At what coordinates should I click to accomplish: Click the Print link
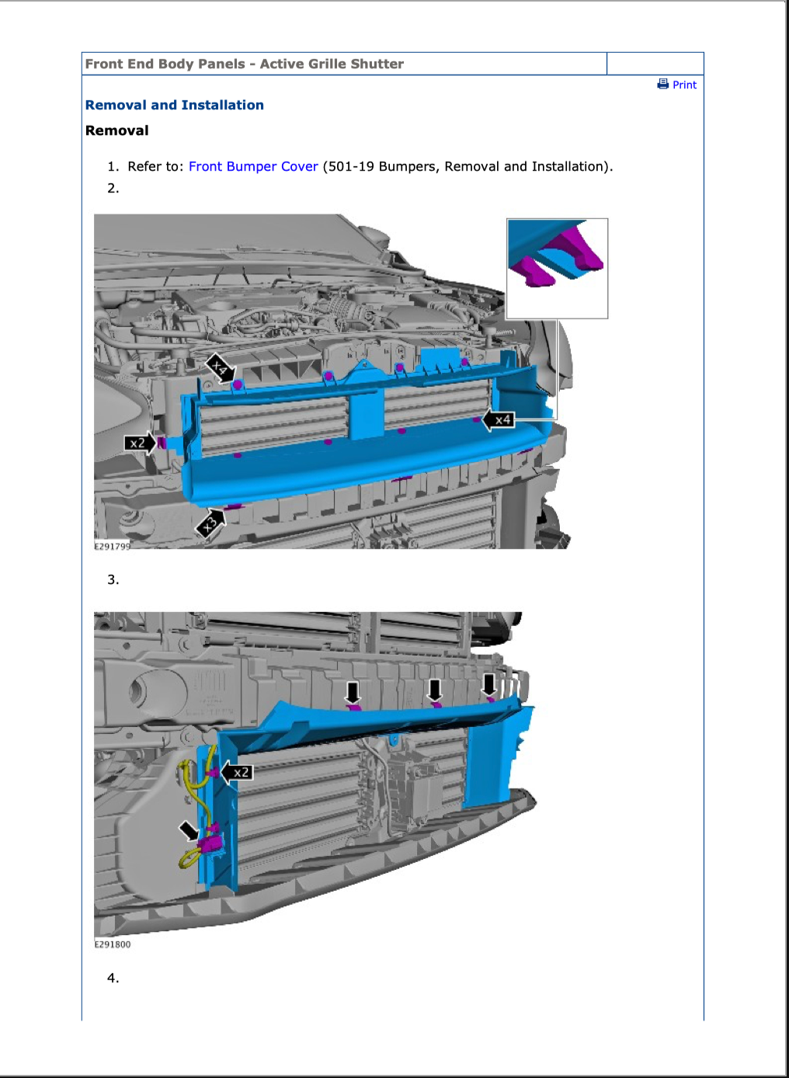coord(684,85)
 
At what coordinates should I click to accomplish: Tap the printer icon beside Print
coord(663,84)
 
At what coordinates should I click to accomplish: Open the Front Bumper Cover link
coord(253,166)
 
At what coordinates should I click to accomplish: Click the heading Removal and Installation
coord(175,105)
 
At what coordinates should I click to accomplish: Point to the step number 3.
coord(113,579)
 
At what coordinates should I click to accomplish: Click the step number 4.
coord(113,978)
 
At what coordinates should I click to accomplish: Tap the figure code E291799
coord(112,546)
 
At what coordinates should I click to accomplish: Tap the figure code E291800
coord(112,944)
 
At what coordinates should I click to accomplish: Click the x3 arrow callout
coord(210,523)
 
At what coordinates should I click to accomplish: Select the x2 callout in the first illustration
coord(140,443)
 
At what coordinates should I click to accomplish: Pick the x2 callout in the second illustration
coord(236,773)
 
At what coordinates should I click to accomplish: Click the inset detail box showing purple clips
coord(557,269)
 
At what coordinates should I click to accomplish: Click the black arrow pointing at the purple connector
coord(188,830)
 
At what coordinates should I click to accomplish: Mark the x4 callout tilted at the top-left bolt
coord(221,369)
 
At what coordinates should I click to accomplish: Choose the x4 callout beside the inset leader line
coord(499,420)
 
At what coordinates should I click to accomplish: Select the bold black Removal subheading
coord(117,130)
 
